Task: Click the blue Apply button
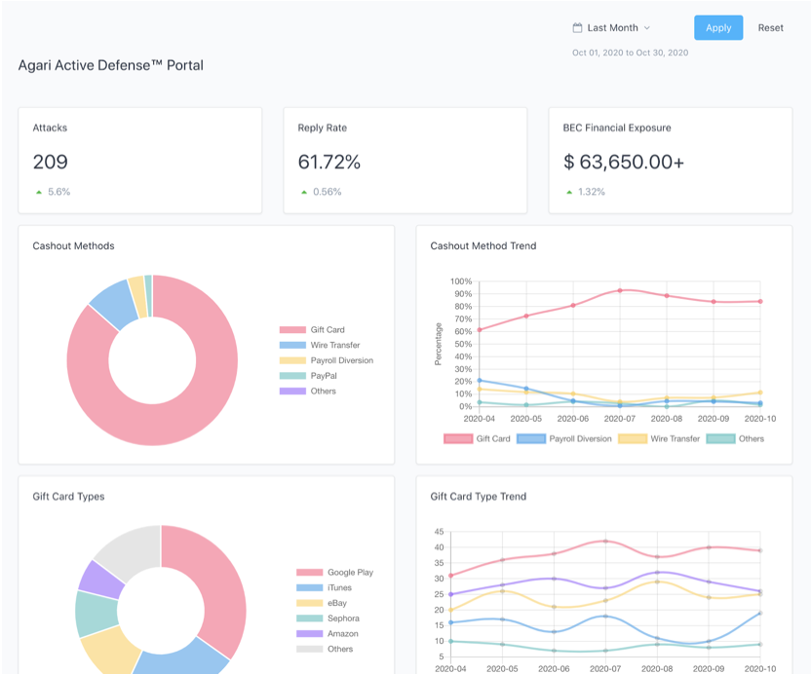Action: [x=718, y=27]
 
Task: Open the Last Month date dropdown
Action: [x=611, y=28]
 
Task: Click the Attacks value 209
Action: [x=51, y=163]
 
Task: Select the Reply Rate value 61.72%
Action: [x=328, y=163]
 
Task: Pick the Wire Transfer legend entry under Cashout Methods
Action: [x=334, y=345]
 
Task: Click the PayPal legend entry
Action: [x=324, y=376]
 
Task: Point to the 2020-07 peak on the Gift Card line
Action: [x=620, y=290]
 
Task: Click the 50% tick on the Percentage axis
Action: [x=460, y=344]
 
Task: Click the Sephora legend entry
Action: [x=343, y=618]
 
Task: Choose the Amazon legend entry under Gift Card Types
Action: [x=342, y=634]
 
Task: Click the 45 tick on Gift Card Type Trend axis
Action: [x=439, y=532]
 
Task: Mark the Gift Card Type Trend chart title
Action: [x=479, y=497]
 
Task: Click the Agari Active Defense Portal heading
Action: [x=111, y=65]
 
